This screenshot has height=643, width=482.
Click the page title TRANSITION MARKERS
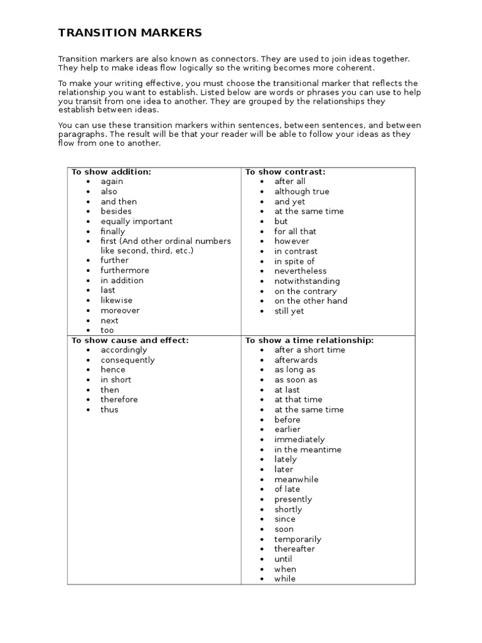[x=131, y=33]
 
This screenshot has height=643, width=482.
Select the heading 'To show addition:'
[x=111, y=171]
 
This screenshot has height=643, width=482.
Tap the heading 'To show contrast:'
[x=285, y=171]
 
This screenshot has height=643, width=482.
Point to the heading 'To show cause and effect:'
[x=130, y=340]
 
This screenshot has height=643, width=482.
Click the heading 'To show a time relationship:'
[x=309, y=340]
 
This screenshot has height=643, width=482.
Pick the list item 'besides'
[x=116, y=212]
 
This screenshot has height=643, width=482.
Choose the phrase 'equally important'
[x=136, y=222]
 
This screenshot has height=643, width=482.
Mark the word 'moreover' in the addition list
[x=120, y=311]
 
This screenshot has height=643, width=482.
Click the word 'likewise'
[x=117, y=301]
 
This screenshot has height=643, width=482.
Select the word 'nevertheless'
[x=301, y=271]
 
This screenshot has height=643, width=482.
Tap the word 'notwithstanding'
[x=307, y=281]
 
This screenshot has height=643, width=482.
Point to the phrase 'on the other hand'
[x=311, y=301]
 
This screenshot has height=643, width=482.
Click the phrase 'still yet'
[x=289, y=311]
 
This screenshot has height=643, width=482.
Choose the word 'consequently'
[x=127, y=360]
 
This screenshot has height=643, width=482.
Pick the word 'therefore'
[x=119, y=399]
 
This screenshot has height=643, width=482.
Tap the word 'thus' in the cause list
[x=109, y=409]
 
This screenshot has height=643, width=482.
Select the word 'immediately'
[x=299, y=440]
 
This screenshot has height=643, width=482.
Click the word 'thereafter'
[x=294, y=549]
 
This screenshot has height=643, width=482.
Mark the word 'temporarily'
[x=297, y=539]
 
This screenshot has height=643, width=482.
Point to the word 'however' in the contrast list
[x=292, y=241]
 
